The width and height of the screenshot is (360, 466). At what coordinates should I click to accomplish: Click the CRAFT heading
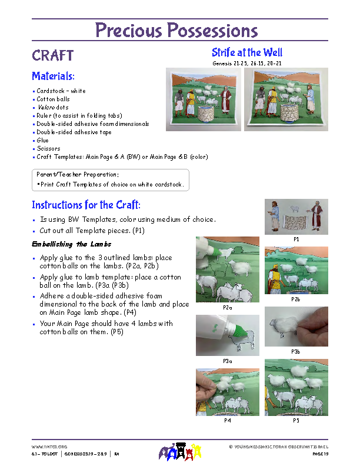tap(53, 56)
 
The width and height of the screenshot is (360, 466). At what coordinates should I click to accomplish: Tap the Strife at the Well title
tap(247, 53)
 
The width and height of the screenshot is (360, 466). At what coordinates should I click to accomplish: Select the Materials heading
tap(53, 76)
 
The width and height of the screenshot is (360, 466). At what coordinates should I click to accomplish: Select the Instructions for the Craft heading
tap(86, 205)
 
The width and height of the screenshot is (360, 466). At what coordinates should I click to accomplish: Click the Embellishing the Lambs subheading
tap(71, 244)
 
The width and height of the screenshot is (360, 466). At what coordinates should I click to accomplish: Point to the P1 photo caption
tap(296, 239)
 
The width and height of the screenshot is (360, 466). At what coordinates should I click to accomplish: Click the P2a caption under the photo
tap(227, 308)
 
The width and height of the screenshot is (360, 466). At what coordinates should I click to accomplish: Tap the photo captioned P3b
tap(296, 327)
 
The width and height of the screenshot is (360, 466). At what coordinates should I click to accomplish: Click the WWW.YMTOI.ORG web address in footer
tap(49, 447)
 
